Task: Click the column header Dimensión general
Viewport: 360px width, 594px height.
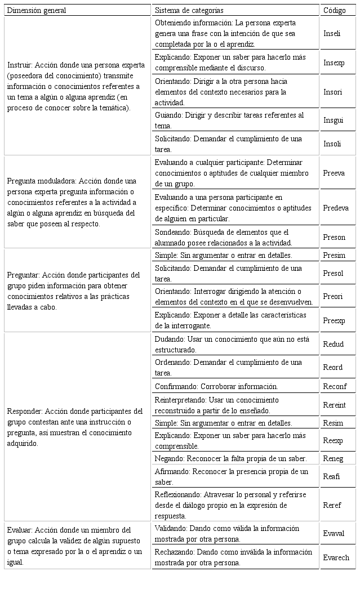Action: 37,11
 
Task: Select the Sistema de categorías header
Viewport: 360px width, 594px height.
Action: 189,11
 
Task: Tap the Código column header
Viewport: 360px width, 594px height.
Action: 335,11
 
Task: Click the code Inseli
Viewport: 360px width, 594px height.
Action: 332,34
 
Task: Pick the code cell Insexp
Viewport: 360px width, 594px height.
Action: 334,63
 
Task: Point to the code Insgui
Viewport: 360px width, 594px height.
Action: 333,120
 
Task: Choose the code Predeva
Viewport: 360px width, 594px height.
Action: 336,208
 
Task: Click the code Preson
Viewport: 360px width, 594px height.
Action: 334,238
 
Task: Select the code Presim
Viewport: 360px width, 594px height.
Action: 334,255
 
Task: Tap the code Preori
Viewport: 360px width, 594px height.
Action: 333,296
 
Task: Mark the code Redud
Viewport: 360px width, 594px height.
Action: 333,344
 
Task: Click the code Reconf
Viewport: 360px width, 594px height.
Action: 335,387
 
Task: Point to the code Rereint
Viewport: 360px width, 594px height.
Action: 335,405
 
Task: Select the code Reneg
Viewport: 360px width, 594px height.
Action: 333,459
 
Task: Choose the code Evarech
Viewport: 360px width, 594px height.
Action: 336,558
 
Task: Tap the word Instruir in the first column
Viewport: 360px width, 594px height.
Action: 20,65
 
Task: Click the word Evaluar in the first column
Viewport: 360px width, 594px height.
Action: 21,530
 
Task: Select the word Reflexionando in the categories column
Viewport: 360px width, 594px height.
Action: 178,494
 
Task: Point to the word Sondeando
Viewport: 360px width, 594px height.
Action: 172,233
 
